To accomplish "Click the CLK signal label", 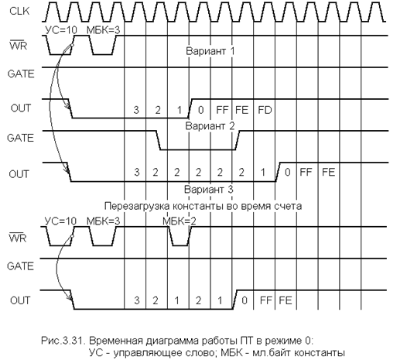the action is pyautogui.click(x=19, y=11).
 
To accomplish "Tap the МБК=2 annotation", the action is pyautogui.click(x=180, y=221).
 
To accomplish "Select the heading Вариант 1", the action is pyautogui.click(x=210, y=50).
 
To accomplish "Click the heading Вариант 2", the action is pyautogui.click(x=210, y=126).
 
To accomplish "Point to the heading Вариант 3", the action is pyautogui.click(x=209, y=190).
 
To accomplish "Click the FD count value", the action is pyautogui.click(x=265, y=110).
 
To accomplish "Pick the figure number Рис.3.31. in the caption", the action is pyautogui.click(x=63, y=341).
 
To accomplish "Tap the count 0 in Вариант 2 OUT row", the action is pyautogui.click(x=287, y=172).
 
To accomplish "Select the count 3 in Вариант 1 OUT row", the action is pyautogui.click(x=136, y=110).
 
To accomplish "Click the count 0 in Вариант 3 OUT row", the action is pyautogui.click(x=245, y=300).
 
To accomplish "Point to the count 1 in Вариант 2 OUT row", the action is pyautogui.click(x=263, y=172).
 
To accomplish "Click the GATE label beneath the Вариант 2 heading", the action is pyautogui.click(x=21, y=138).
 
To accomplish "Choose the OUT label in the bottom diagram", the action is pyautogui.click(x=20, y=300).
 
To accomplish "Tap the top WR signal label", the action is pyautogui.click(x=18, y=46).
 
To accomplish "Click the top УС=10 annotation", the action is pyautogui.click(x=61, y=30).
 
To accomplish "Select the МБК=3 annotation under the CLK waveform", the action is pyautogui.click(x=104, y=30).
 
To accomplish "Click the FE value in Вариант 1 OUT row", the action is pyautogui.click(x=242, y=110).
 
